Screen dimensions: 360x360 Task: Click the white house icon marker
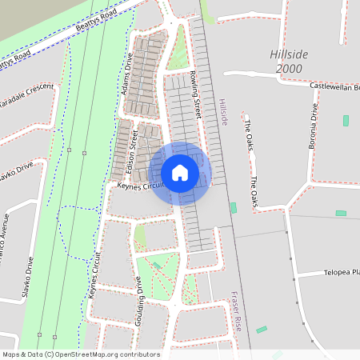pos(179,173)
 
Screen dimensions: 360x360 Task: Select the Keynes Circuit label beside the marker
pos(140,186)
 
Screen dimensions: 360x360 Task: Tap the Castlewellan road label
pos(335,86)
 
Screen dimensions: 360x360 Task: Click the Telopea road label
pos(342,273)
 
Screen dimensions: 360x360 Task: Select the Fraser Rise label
pos(237,311)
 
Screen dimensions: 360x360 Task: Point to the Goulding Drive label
pos(140,296)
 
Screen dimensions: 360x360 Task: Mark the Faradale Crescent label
pos(27,95)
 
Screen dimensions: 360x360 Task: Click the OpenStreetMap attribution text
pos(81,354)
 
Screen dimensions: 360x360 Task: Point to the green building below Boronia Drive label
pos(346,120)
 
